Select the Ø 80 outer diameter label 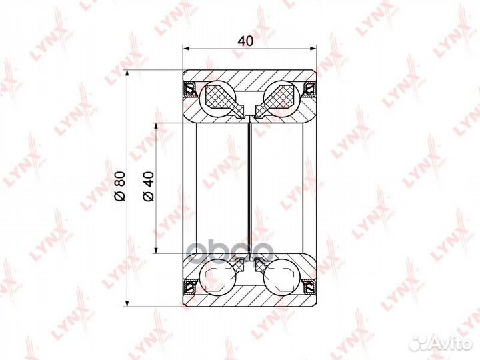click(x=120, y=187)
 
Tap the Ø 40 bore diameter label click(x=149, y=187)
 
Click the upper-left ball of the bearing click(x=217, y=99)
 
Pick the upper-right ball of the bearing click(x=281, y=99)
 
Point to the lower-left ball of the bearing click(x=217, y=277)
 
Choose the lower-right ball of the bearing click(x=281, y=277)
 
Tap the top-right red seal click(x=309, y=89)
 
